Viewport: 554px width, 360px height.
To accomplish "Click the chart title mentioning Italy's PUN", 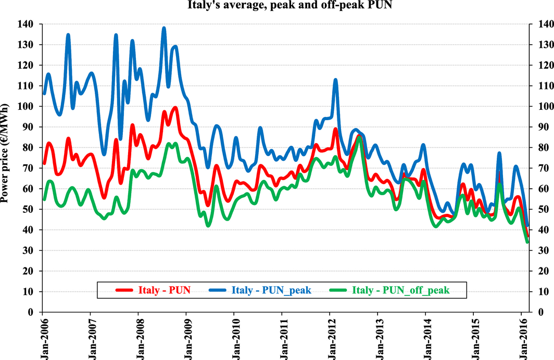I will (x=276, y=6).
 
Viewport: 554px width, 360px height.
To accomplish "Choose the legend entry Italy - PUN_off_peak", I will (x=401, y=290).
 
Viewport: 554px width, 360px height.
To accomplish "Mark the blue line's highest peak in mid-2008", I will (x=164, y=28).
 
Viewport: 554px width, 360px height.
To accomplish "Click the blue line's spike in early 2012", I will (x=335, y=80).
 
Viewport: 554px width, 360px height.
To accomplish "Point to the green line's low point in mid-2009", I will (x=208, y=225).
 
